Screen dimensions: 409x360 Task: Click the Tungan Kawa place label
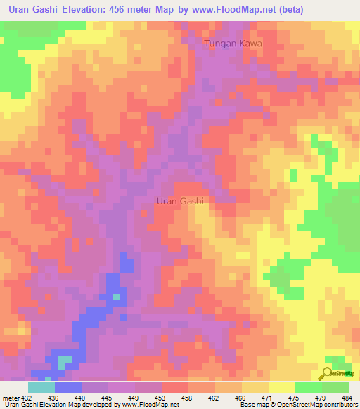(x=233, y=44)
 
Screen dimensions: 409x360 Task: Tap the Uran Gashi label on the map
(x=179, y=201)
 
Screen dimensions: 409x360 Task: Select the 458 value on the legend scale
(x=188, y=397)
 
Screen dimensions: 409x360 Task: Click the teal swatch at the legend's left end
(x=41, y=387)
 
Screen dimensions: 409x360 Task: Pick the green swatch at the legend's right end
(x=335, y=387)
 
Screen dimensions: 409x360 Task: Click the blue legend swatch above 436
(x=67, y=387)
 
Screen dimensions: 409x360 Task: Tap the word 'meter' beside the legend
(x=10, y=397)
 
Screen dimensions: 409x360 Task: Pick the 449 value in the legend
(x=135, y=397)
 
